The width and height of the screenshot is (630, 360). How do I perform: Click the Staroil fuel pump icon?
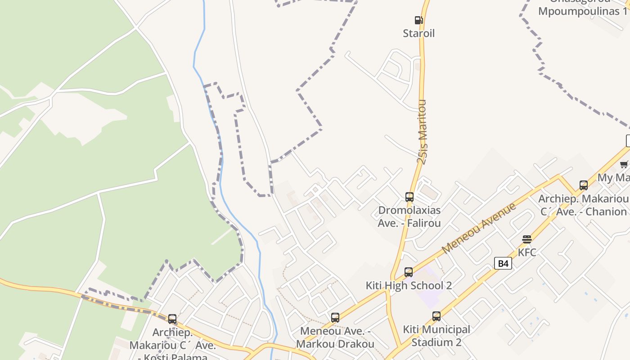click(418, 20)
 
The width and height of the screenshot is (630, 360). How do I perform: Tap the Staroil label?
click(418, 33)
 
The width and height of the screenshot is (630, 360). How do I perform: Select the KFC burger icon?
click(527, 239)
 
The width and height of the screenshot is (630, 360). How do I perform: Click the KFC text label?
click(527, 252)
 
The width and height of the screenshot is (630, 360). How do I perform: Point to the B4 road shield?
click(503, 263)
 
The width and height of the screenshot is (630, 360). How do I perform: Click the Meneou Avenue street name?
click(479, 228)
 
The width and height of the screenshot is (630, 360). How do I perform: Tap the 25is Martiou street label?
click(422, 132)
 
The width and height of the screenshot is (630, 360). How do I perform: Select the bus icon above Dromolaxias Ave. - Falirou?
click(409, 197)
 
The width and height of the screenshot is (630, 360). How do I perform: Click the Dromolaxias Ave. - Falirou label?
click(409, 216)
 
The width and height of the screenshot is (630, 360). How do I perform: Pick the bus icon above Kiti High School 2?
click(409, 272)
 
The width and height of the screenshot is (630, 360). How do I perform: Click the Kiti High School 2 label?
click(409, 285)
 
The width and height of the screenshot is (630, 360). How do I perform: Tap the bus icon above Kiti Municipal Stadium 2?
click(436, 316)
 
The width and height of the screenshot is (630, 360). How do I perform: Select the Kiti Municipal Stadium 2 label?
click(436, 336)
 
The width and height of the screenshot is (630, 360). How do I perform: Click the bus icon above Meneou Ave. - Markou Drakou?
click(335, 318)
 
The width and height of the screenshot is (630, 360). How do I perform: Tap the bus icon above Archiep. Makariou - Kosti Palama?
click(172, 319)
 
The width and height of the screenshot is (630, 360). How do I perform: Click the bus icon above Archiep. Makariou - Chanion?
click(583, 185)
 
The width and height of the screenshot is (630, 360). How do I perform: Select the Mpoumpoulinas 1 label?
click(582, 11)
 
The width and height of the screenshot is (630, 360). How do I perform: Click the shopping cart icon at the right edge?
click(624, 164)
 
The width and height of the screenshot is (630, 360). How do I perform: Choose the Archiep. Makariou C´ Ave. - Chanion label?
click(584, 205)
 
